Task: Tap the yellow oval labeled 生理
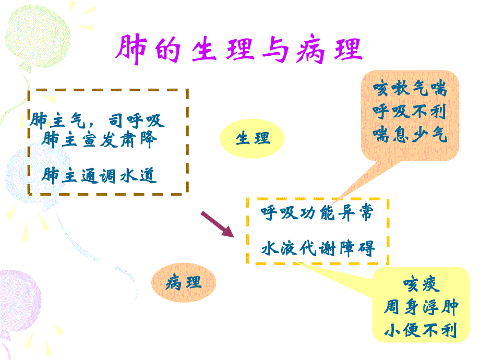253,139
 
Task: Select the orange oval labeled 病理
183,283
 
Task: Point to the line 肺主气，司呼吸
97,121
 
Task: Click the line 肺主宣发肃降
98,140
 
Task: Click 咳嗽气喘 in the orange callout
410,89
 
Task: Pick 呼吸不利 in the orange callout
410,112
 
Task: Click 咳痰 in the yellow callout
421,284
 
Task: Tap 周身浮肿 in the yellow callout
421,307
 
